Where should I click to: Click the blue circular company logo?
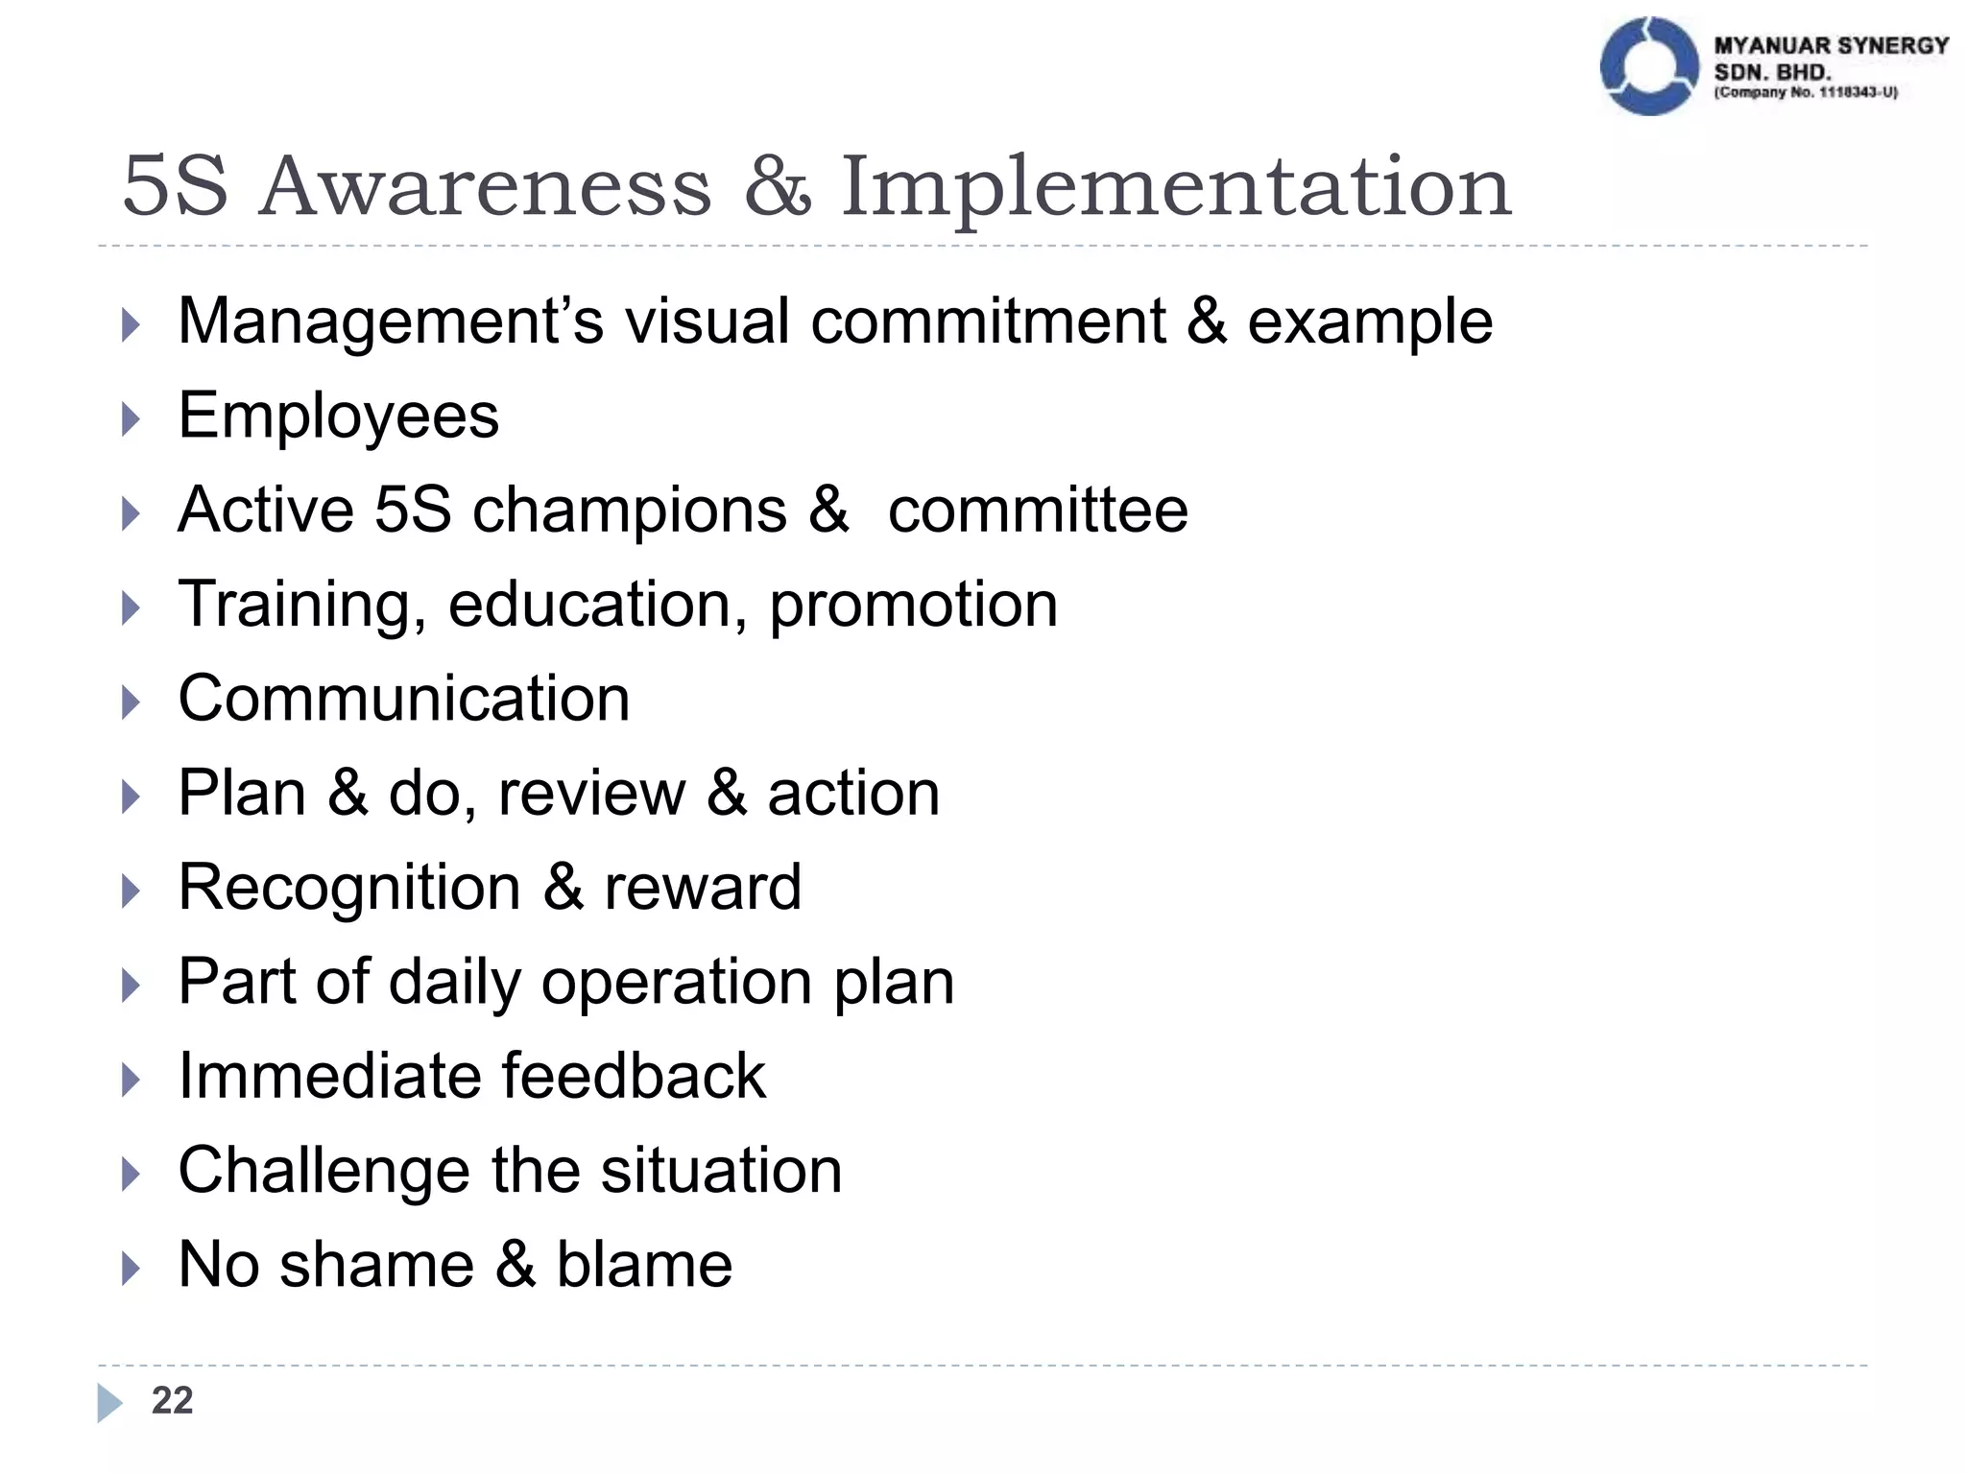[1648, 66]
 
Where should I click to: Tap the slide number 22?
[172, 1401]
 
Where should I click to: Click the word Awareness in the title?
[486, 186]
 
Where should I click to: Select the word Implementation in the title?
[1176, 188]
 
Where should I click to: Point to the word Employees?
[338, 416]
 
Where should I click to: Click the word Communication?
[404, 699]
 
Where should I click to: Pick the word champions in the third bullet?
[630, 511]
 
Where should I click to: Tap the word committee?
[1038, 511]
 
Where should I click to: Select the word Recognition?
[349, 889]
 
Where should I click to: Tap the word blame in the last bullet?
[644, 1265]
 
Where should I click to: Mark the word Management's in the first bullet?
[391, 321]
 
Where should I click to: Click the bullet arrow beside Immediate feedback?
[132, 1080]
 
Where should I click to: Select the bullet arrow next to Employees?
[132, 419]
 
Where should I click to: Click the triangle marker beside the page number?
[109, 1403]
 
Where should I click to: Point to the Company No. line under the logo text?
[1806, 93]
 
